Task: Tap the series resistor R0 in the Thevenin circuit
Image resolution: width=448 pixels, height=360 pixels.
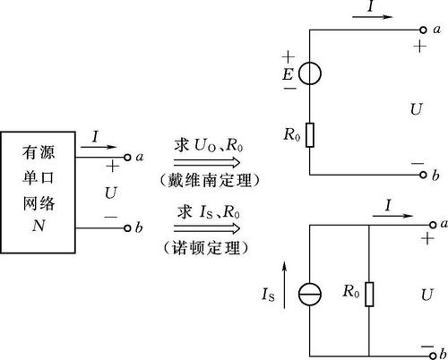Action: click(x=310, y=135)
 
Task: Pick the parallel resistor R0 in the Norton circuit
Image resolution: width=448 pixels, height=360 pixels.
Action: click(x=369, y=294)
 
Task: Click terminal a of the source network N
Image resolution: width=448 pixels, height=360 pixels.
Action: click(x=127, y=158)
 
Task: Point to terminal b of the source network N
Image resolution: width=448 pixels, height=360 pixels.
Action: click(x=127, y=228)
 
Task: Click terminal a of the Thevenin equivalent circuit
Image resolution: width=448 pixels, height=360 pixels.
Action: click(x=423, y=30)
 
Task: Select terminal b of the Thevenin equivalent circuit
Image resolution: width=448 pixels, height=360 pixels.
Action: click(x=423, y=175)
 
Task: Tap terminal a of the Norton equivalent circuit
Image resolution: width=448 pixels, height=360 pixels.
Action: click(x=433, y=225)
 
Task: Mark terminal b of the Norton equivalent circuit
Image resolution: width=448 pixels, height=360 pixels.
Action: click(x=433, y=356)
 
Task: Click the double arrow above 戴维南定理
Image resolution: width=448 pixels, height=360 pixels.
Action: click(x=207, y=163)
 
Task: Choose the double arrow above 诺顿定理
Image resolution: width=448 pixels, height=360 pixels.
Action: click(x=207, y=228)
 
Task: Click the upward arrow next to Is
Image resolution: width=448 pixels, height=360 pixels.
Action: click(x=284, y=285)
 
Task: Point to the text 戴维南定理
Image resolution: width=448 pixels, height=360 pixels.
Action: click(x=210, y=181)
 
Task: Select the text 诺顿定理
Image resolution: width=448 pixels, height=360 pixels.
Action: click(x=206, y=248)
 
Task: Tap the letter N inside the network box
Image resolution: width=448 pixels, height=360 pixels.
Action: click(x=39, y=226)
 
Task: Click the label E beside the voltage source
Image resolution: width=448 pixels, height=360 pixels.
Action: click(x=289, y=74)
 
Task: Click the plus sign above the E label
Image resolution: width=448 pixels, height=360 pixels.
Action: click(x=289, y=56)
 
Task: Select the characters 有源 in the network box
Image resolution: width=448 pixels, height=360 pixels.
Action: click(x=39, y=152)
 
